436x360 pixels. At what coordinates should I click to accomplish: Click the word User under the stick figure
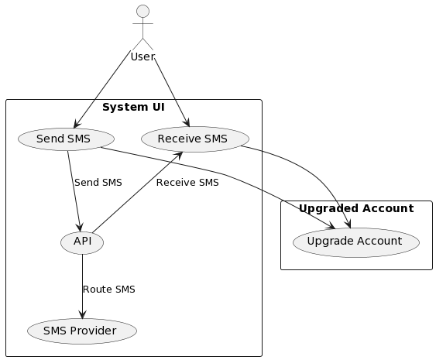[x=142, y=57]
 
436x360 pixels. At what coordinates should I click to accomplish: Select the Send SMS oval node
[x=65, y=139]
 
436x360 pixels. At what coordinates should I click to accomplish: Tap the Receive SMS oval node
[x=194, y=139]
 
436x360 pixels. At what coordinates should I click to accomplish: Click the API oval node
[x=81, y=242]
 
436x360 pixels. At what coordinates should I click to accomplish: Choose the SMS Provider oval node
[x=81, y=331]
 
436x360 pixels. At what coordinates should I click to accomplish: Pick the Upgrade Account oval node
[x=355, y=242]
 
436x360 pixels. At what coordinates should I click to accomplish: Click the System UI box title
[x=133, y=107]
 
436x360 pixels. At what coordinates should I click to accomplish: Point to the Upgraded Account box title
[x=355, y=208]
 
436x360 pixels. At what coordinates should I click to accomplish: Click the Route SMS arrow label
[x=108, y=290]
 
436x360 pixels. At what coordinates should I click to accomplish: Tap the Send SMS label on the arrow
[x=98, y=183]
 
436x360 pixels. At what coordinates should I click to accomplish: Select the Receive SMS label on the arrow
[x=187, y=183]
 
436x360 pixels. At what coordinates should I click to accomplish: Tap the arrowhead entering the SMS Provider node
[x=81, y=314]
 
